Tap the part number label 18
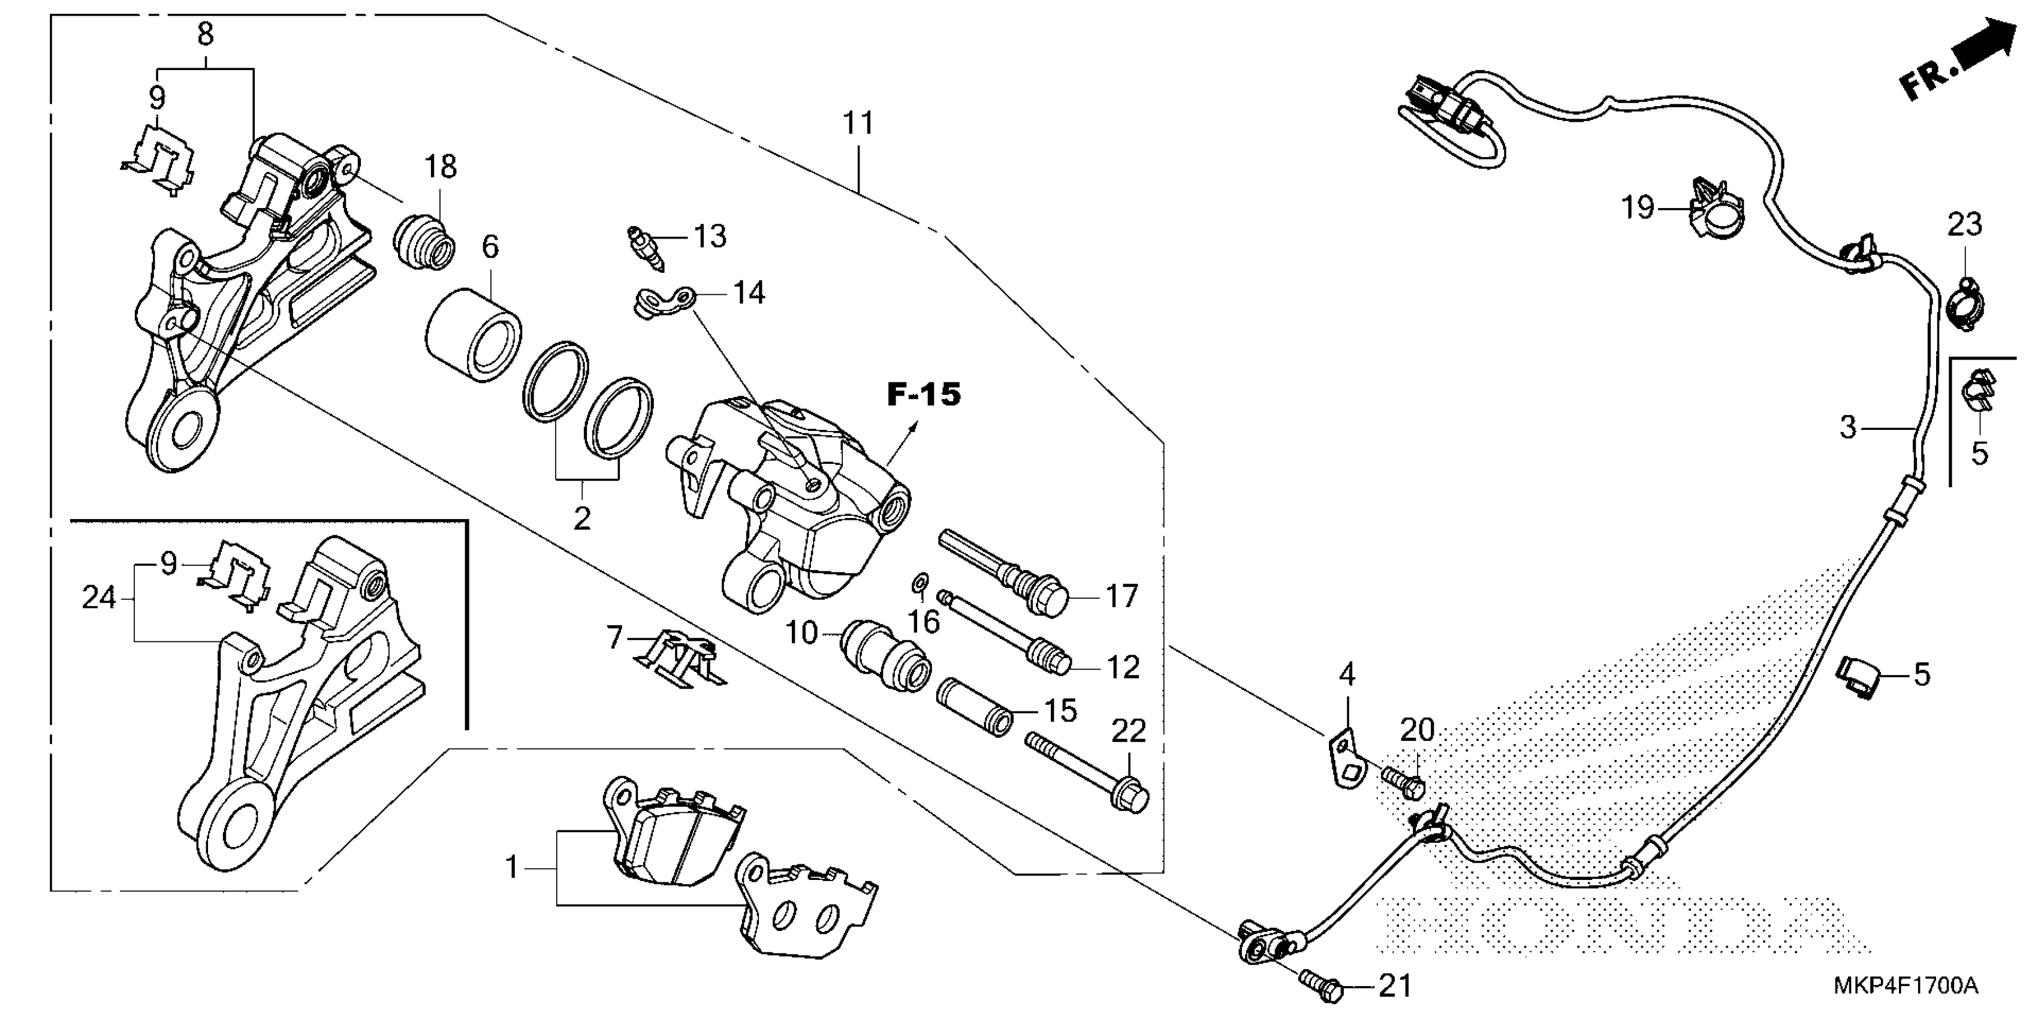coord(441,167)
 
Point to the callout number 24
coord(99,598)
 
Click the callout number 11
coord(858,124)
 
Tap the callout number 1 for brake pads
coord(512,867)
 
